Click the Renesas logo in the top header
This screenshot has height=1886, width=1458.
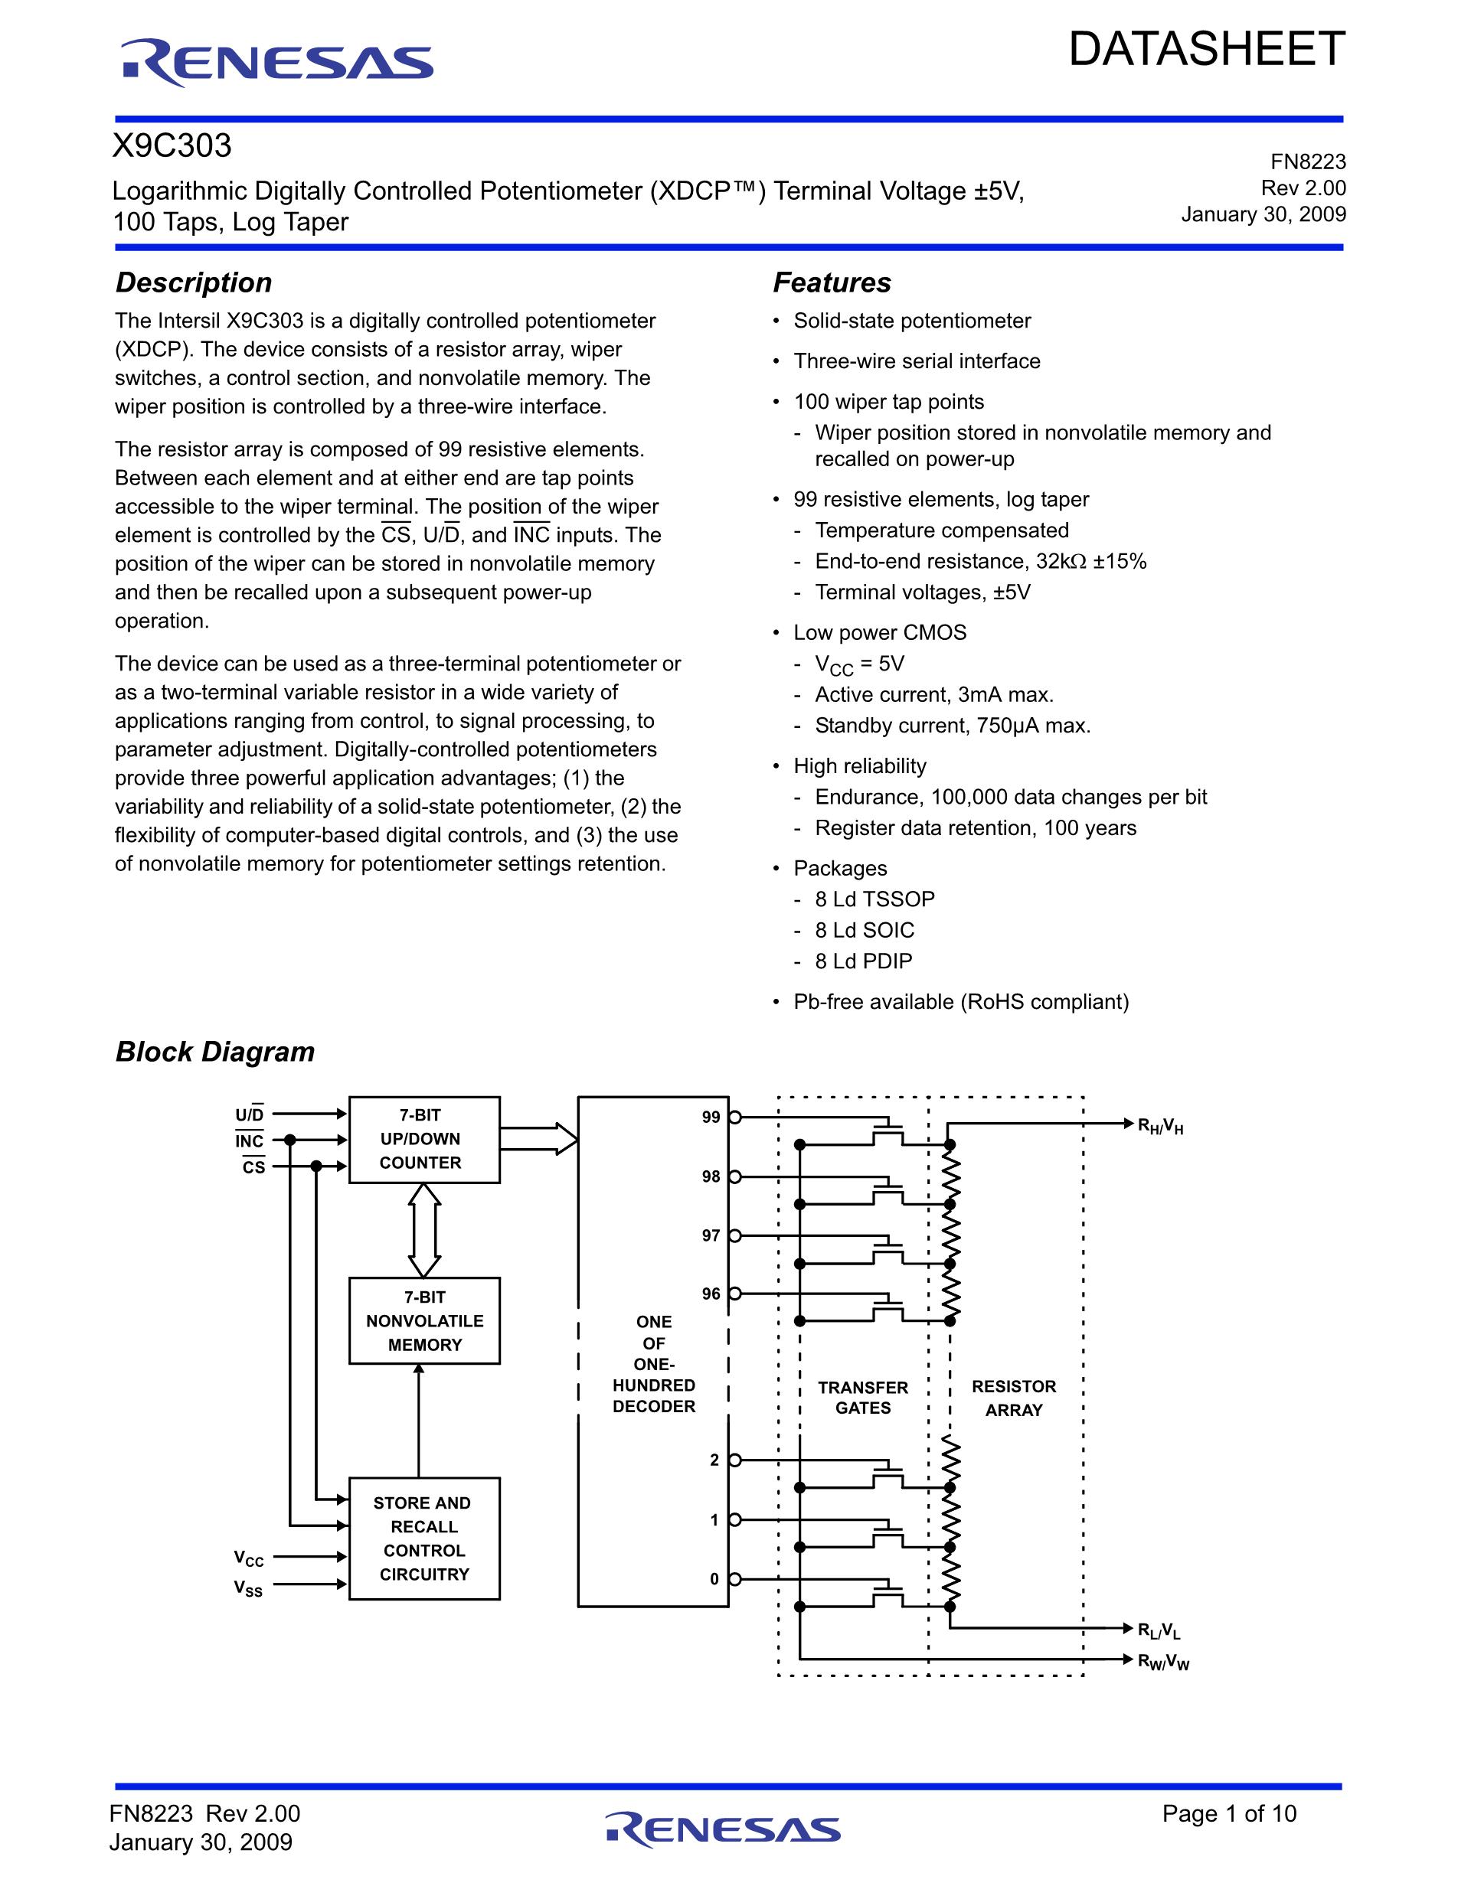coord(276,62)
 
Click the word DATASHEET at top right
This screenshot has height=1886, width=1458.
coord(1207,49)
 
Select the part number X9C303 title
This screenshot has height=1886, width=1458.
coord(173,146)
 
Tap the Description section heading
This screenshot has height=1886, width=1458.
coord(194,282)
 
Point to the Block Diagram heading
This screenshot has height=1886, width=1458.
coord(215,1052)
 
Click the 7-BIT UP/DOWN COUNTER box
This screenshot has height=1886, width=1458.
coord(424,1139)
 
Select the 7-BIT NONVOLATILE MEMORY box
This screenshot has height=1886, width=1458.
coord(424,1320)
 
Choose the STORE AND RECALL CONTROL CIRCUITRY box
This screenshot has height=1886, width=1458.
coord(424,1538)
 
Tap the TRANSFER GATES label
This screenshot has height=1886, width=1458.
coord(863,1397)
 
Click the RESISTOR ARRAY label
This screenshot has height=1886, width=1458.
coord(1014,1397)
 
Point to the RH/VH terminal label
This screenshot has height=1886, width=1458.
coord(1160,1126)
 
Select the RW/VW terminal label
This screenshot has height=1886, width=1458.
coord(1162,1662)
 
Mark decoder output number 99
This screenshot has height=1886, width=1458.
coord(711,1118)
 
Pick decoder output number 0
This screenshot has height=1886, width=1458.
coord(714,1579)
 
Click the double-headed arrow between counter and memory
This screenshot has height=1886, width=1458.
coord(424,1230)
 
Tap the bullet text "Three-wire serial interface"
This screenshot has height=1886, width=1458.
coord(917,361)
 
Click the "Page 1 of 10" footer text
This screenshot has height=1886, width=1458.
coord(1228,1813)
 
